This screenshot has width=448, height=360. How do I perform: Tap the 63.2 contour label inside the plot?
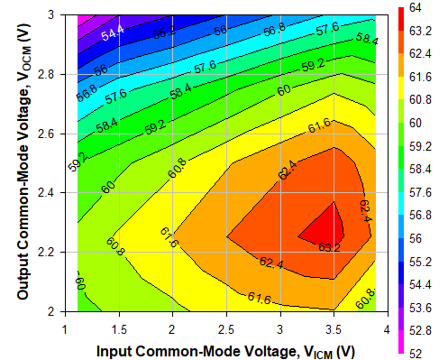pyautogui.click(x=330, y=245)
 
